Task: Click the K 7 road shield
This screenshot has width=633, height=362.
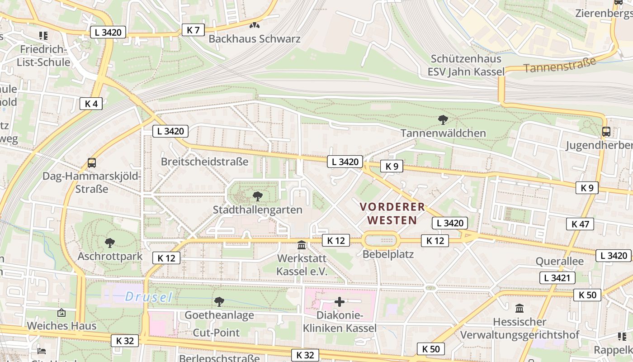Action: pos(193,30)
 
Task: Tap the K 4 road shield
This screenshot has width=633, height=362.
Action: pos(91,104)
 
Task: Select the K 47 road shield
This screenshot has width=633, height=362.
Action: pos(580,224)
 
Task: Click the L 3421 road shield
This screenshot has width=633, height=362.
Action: pos(557,278)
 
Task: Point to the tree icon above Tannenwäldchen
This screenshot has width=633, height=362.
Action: pos(443,120)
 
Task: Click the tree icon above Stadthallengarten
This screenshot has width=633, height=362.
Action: pos(257,196)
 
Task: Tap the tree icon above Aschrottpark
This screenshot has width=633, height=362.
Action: pos(110,243)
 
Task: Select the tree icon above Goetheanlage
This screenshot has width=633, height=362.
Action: pos(219,301)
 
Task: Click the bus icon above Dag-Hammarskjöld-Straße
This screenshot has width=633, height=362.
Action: pos(92,162)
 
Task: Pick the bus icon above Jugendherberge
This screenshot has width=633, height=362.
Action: pos(606,132)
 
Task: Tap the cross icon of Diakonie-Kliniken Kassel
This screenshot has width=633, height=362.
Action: pos(340,302)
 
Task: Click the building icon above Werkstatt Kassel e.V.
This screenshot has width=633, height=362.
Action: pos(302,245)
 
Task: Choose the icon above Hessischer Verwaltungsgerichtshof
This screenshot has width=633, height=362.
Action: pos(520,309)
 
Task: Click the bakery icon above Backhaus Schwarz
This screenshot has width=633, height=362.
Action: pos(255,26)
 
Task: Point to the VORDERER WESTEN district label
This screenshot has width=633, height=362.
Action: pos(392,214)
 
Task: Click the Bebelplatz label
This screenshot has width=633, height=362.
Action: pos(388,254)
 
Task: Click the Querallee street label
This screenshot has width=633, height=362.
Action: pos(559,261)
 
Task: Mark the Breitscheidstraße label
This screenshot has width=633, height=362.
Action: pos(205,162)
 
